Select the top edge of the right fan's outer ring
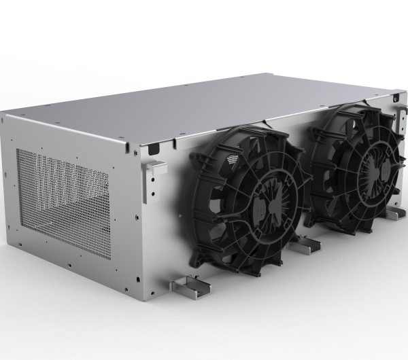click(x=360, y=109)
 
